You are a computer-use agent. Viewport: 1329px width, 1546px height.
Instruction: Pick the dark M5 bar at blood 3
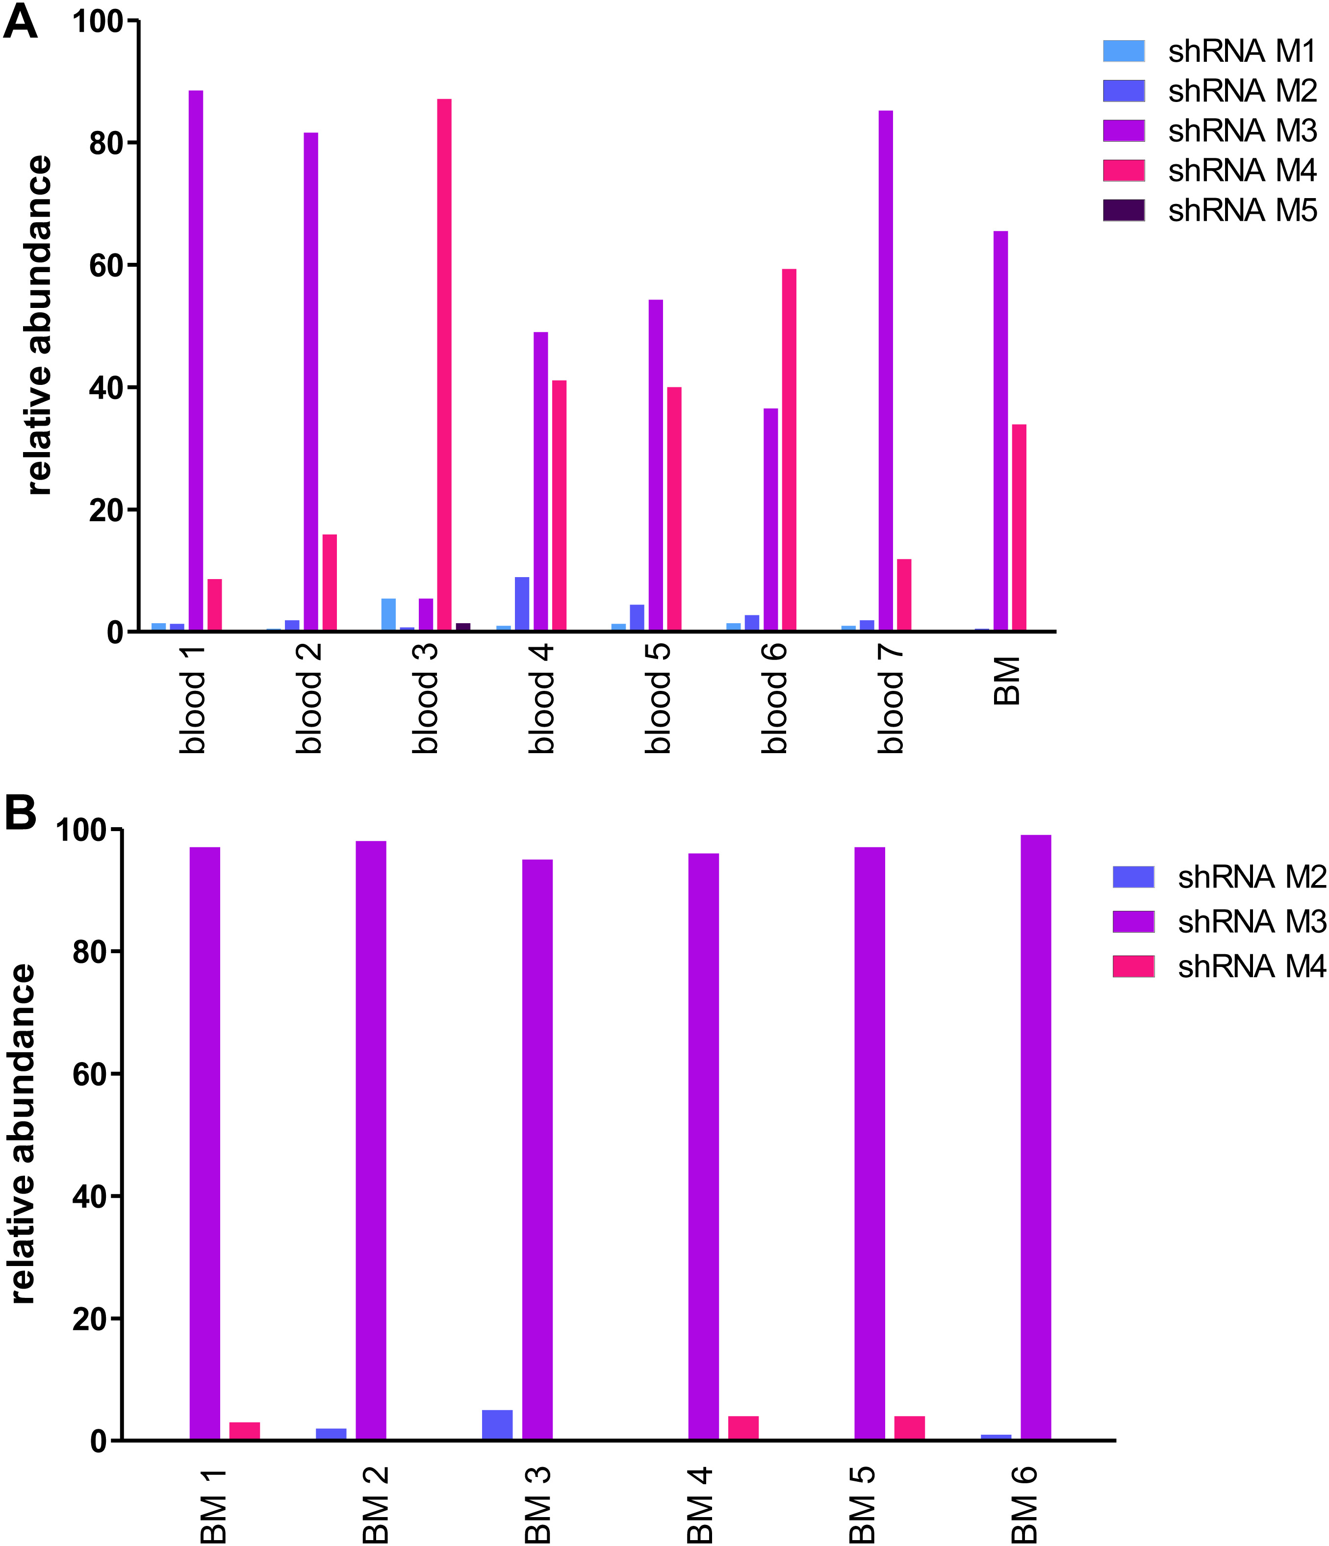[462, 627]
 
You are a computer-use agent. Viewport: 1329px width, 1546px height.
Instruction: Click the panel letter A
[20, 23]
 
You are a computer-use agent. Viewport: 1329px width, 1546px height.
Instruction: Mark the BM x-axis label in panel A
[1007, 681]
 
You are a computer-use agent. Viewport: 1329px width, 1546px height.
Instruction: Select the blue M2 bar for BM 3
[497, 1424]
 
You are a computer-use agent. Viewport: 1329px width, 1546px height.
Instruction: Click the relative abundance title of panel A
[39, 325]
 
